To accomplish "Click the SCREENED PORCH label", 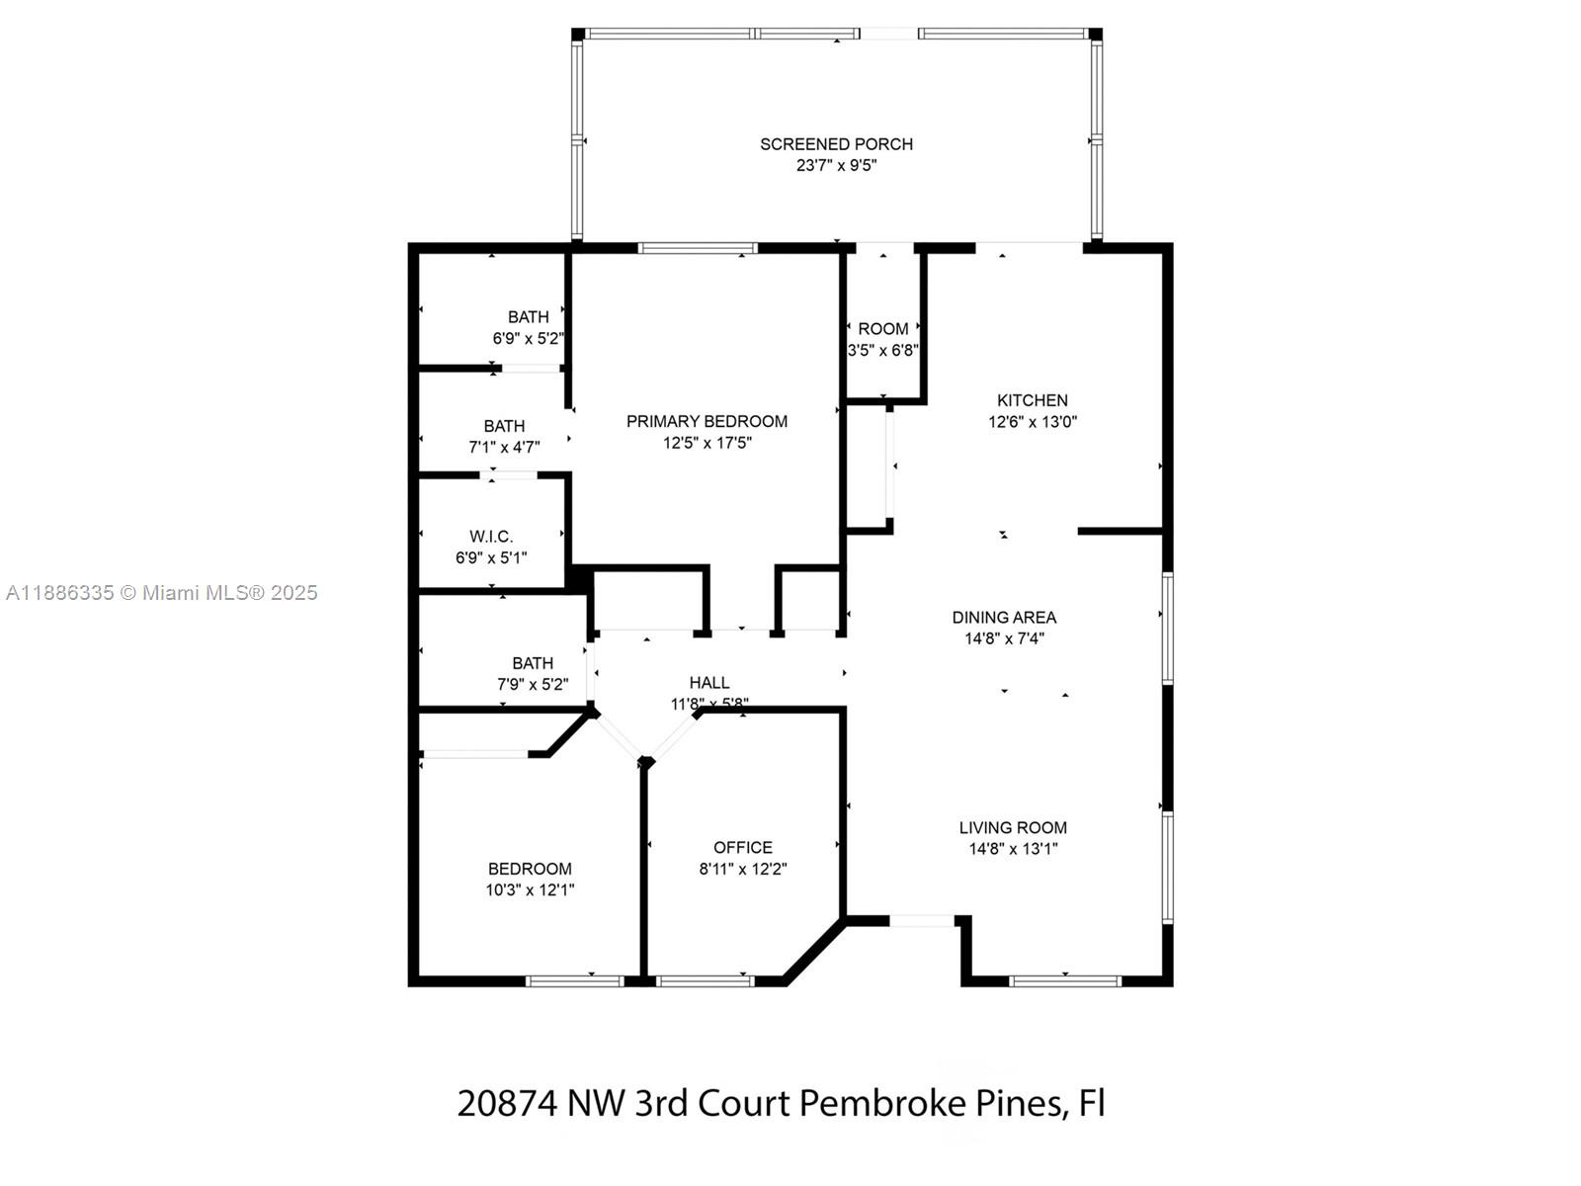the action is (836, 144).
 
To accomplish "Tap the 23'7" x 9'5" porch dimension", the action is (836, 166).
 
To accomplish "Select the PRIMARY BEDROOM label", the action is (707, 421).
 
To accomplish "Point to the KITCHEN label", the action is (1033, 400).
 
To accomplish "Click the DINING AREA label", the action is (1004, 617).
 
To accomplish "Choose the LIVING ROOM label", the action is (1013, 827).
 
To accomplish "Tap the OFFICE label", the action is (743, 848).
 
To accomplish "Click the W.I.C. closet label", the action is (491, 537).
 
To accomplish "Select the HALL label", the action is (709, 683).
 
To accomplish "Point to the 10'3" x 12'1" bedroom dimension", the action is (530, 890).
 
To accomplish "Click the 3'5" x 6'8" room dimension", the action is (883, 351).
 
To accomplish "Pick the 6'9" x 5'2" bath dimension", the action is (528, 338).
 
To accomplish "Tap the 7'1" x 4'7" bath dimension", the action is (504, 447).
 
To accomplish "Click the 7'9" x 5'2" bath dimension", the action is (533, 684).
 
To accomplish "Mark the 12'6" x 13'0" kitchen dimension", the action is (1033, 422).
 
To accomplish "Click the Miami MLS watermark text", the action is (161, 593).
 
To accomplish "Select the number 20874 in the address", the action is (507, 1103).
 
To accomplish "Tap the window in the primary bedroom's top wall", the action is (698, 248).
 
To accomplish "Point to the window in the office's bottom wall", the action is (706, 980).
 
